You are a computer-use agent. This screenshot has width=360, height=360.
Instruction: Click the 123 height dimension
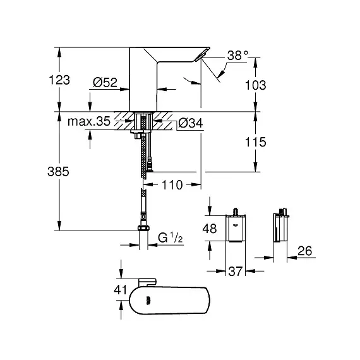pyautogui.click(x=59, y=80)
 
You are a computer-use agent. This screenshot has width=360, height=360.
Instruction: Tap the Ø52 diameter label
pyautogui.click(x=105, y=82)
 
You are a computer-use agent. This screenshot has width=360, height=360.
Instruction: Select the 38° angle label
pyautogui.click(x=237, y=56)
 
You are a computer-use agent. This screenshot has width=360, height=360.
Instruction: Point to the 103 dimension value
pyautogui.click(x=256, y=85)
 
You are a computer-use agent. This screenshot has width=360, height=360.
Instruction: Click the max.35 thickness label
pyautogui.click(x=89, y=121)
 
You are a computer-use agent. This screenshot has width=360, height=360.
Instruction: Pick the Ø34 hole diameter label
pyautogui.click(x=191, y=123)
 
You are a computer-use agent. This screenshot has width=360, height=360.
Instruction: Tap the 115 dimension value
pyautogui.click(x=256, y=142)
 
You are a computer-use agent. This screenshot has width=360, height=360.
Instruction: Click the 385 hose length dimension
pyautogui.click(x=58, y=171)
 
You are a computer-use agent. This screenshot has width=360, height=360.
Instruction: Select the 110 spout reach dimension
pyautogui.click(x=172, y=185)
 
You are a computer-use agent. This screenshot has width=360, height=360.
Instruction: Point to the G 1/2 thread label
pyautogui.click(x=170, y=237)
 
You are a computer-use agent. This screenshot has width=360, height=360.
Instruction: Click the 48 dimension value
pyautogui.click(x=210, y=229)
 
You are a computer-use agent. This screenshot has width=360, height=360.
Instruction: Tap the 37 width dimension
pyautogui.click(x=236, y=271)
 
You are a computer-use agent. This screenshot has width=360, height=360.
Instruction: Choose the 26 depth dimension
pyautogui.click(x=305, y=251)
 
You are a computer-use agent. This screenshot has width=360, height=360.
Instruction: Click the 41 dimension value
pyautogui.click(x=120, y=290)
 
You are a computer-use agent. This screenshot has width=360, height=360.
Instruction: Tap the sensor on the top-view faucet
pyautogui.click(x=148, y=299)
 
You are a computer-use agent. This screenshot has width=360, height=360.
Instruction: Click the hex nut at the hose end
pyautogui.click(x=143, y=228)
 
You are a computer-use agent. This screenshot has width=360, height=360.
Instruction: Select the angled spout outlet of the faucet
pyautogui.click(x=202, y=54)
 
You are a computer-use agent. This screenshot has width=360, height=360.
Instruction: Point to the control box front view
pyautogui.click(x=236, y=228)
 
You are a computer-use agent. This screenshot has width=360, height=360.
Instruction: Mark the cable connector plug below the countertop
pyautogui.click(x=150, y=165)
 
